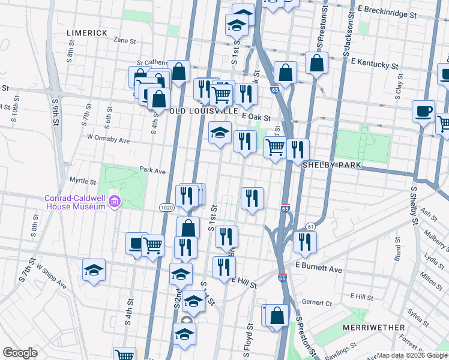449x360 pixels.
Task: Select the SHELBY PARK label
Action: pos(330,164)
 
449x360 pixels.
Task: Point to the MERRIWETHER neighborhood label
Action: pos(371,328)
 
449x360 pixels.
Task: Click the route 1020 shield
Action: pos(167,207)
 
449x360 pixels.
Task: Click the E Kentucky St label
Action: pos(375,62)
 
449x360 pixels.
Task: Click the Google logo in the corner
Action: pos(20,353)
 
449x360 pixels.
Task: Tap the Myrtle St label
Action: pos(83,181)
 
